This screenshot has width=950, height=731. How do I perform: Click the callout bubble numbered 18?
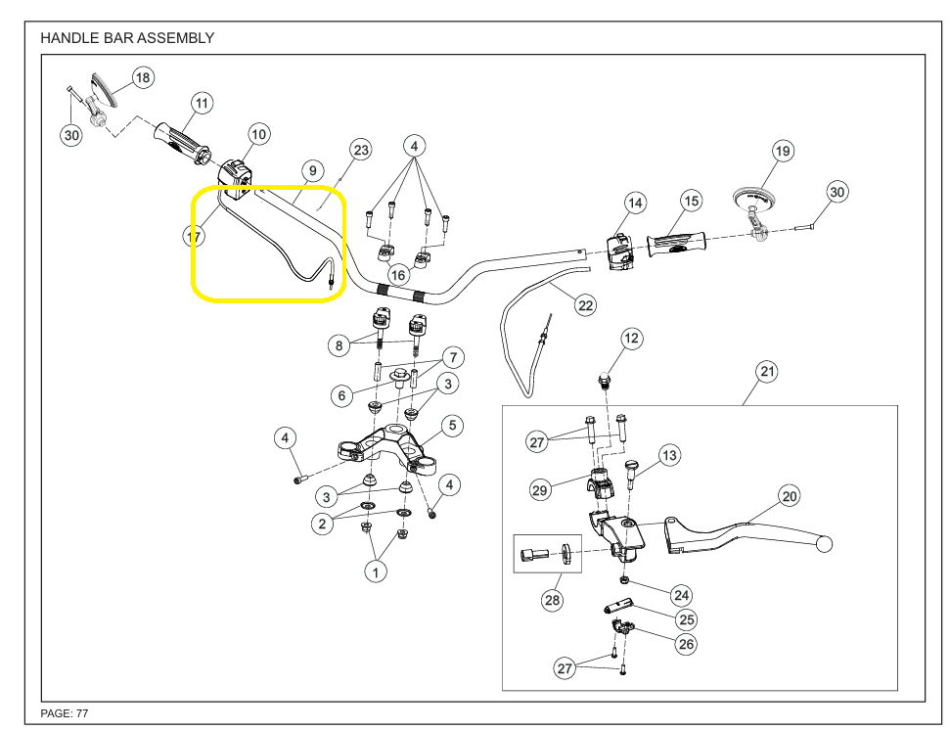pyautogui.click(x=143, y=77)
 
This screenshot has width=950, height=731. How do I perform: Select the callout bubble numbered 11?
pyautogui.click(x=202, y=103)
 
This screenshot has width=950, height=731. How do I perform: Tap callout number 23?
pyautogui.click(x=361, y=150)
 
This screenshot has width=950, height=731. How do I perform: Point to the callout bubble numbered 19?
pyautogui.click(x=782, y=151)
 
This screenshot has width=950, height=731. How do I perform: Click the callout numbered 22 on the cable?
pyautogui.click(x=585, y=305)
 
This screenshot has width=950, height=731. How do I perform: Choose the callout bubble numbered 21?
pyautogui.click(x=767, y=372)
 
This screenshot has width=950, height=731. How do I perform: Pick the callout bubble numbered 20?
pyautogui.click(x=790, y=496)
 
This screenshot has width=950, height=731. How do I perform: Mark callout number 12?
pyautogui.click(x=631, y=339)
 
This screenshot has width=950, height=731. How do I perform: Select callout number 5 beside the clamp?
pyautogui.click(x=451, y=425)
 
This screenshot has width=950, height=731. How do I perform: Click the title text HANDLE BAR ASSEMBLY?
pyautogui.click(x=127, y=38)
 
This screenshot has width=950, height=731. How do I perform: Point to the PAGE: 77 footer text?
pyautogui.click(x=65, y=713)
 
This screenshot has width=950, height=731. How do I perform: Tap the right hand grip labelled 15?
pyautogui.click(x=676, y=241)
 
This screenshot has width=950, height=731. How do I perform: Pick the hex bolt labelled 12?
pyautogui.click(x=605, y=378)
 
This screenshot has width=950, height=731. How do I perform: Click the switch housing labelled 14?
pyautogui.click(x=619, y=251)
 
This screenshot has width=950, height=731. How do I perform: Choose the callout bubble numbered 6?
pyautogui.click(x=341, y=396)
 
